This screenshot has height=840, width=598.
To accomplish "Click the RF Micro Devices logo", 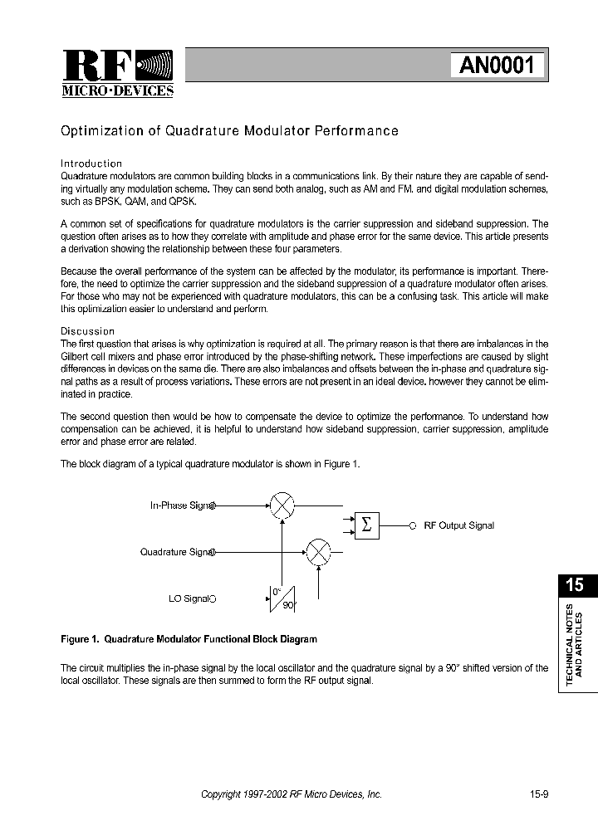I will [x=117, y=73].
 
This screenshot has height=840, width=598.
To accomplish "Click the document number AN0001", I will [x=498, y=65].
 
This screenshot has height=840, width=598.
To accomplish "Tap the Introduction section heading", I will [x=92, y=164].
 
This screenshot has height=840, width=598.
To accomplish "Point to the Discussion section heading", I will [x=88, y=331].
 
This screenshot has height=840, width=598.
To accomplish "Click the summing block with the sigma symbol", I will [x=366, y=525].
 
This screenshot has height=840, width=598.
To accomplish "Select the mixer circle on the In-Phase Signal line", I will [x=283, y=505].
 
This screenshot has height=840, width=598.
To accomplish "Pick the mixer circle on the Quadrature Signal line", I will [x=318, y=552].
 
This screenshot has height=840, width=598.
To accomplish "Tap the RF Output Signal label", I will [x=458, y=526].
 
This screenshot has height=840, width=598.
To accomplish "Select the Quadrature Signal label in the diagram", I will [x=177, y=552].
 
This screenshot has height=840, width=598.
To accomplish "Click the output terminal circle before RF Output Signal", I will [x=413, y=525].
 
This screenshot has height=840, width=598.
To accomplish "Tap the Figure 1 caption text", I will [x=189, y=639].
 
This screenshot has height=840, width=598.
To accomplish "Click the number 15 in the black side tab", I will [x=574, y=585].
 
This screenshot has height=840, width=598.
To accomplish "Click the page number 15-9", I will [x=539, y=794].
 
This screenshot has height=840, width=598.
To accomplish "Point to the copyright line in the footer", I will [x=292, y=794].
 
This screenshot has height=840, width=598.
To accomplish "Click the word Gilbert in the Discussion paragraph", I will [x=76, y=357].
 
